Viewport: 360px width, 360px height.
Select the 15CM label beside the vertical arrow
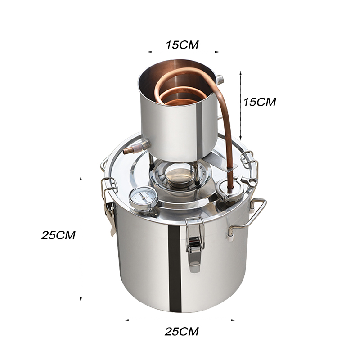pos(259,102)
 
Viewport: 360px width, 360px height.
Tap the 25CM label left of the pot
pos(58,235)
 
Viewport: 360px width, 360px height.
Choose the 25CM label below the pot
pos(181,332)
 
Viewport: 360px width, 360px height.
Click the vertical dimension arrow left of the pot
pos(81,238)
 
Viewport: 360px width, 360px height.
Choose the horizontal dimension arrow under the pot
pos(180,320)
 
